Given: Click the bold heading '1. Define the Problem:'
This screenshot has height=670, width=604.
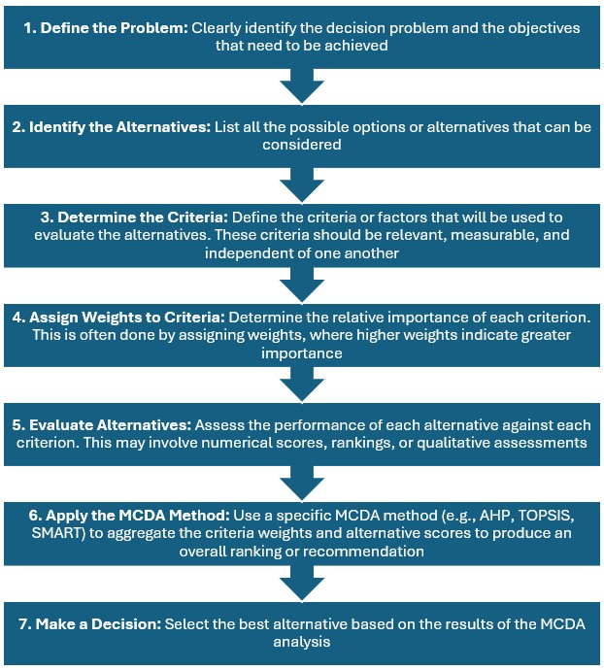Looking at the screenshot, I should pos(106,28).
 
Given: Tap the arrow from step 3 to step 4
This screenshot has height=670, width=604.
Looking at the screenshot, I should pos(301,283).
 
